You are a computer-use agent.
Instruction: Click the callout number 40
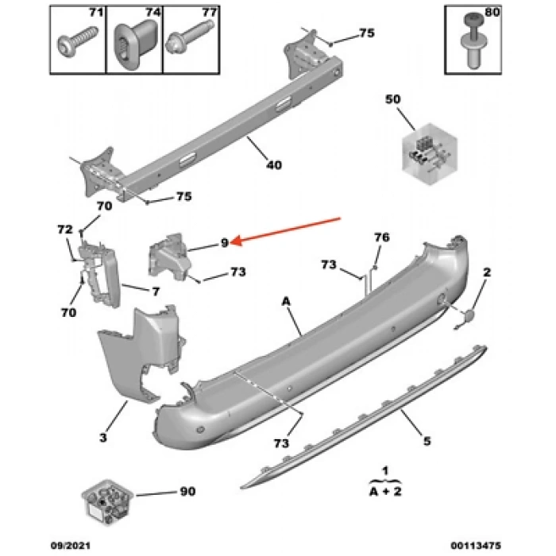pos(273,165)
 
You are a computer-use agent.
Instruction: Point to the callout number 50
pos(393,99)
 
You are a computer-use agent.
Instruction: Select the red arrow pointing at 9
pos(291,229)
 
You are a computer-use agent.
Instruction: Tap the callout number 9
pos(225,242)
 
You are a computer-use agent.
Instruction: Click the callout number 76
pos(382,237)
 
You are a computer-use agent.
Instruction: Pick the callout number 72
pos(64,229)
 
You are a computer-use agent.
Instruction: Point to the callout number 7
pos(156,292)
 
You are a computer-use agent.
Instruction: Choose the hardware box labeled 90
pos(106,502)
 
